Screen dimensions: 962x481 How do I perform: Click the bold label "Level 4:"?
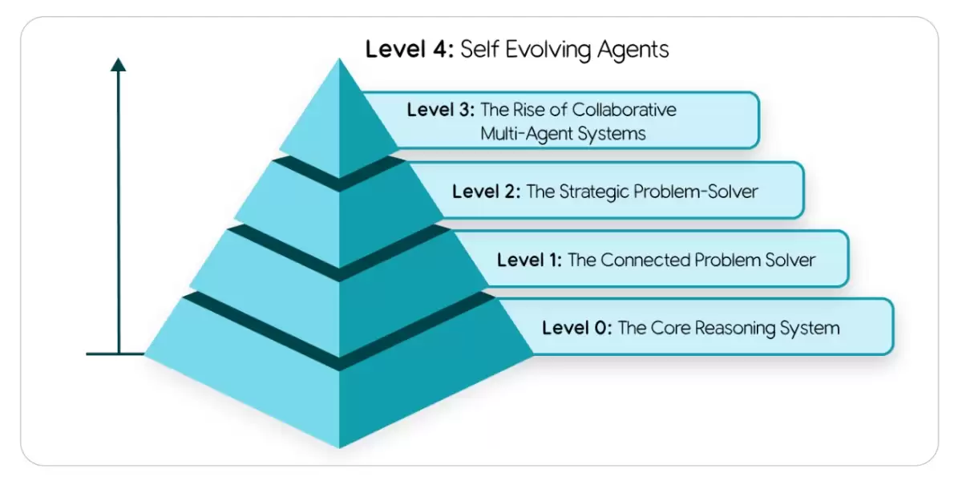[410, 49]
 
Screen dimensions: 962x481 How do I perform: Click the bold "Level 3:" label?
[441, 110]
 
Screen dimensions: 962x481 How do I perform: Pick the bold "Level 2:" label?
[486, 192]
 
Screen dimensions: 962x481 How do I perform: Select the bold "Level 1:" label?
[529, 260]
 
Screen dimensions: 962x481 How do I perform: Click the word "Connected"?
[645, 260]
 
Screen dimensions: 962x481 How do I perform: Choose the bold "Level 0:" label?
[576, 328]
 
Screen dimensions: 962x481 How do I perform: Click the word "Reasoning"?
[735, 329]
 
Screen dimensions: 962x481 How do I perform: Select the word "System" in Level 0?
[810, 329]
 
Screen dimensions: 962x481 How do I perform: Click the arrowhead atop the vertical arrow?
[119, 64]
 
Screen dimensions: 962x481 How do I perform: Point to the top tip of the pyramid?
[339, 59]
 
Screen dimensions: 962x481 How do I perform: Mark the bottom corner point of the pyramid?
[339, 447]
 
